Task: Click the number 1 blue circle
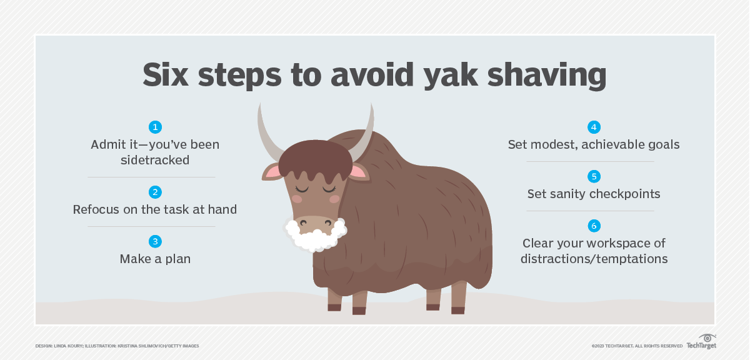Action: tap(155, 127)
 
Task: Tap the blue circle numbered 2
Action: tap(155, 192)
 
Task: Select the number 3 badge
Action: tap(155, 241)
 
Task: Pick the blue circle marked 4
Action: tap(594, 127)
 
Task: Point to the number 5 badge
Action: tap(594, 176)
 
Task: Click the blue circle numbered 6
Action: tap(594, 226)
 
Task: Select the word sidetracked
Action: tap(155, 160)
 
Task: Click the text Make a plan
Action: tap(155, 259)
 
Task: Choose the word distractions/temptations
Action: tap(594, 259)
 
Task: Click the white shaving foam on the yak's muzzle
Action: tap(316, 235)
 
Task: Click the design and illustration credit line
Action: tap(117, 346)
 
